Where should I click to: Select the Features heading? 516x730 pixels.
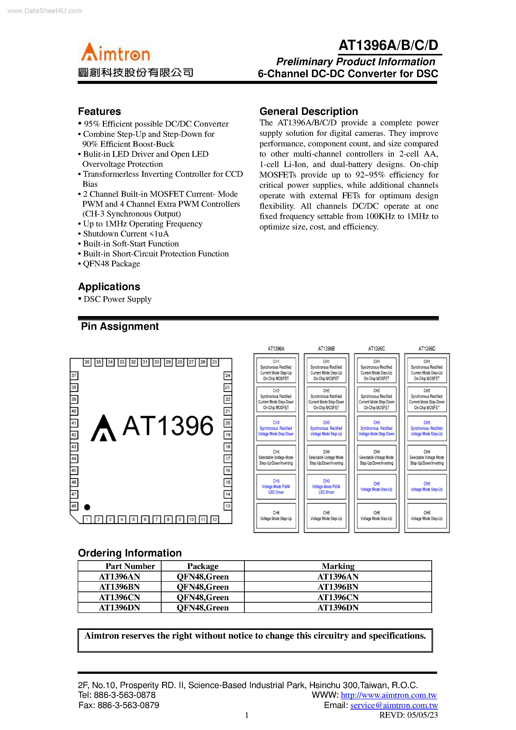[x=100, y=111]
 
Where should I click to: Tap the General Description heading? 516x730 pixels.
[x=309, y=111]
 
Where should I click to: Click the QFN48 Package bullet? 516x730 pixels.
[x=111, y=264]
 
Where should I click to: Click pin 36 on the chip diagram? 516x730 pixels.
[x=87, y=362]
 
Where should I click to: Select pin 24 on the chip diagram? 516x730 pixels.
[x=228, y=375]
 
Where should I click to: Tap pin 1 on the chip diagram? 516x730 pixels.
[x=87, y=519]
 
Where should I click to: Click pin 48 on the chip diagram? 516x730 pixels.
[x=74, y=506]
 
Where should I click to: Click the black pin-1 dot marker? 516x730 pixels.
[x=87, y=507]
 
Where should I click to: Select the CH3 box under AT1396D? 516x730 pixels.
[x=427, y=428]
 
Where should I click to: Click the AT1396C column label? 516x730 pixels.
[x=376, y=349]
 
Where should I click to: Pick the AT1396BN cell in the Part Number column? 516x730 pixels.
[x=119, y=587]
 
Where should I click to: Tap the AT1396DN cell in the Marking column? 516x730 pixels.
[x=338, y=608]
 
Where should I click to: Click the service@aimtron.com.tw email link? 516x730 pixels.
[x=394, y=705]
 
